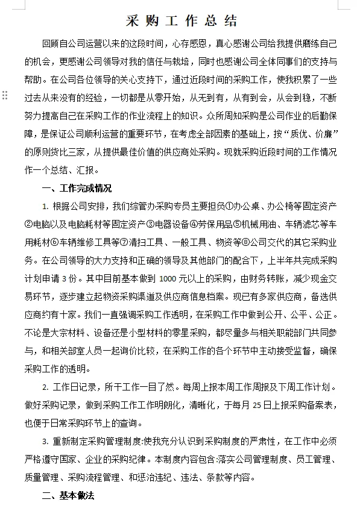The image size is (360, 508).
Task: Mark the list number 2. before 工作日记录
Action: point(45,387)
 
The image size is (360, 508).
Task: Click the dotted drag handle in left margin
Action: point(4,95)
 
